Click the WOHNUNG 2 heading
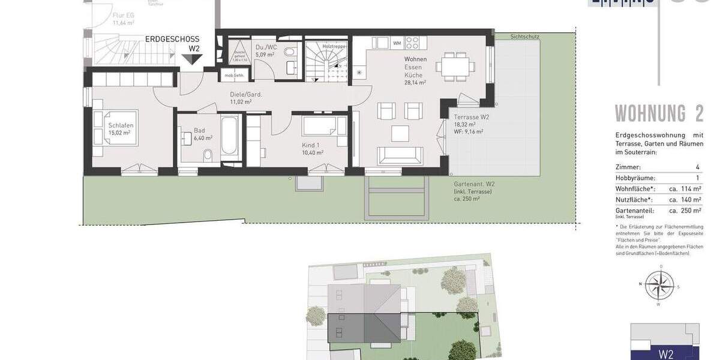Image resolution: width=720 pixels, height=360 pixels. (659, 113)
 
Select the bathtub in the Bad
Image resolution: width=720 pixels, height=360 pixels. (230, 137)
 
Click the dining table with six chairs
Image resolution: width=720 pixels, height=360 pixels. (454, 66)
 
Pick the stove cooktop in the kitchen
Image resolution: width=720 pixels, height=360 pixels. (412, 43)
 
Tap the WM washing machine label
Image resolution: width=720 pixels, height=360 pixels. (397, 43)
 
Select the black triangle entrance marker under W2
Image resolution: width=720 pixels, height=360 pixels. (193, 59)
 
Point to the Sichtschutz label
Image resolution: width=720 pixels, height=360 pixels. (524, 37)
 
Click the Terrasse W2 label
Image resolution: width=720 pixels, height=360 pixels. (472, 117)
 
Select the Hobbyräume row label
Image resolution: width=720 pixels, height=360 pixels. (635, 178)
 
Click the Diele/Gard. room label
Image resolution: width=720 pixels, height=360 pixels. (246, 94)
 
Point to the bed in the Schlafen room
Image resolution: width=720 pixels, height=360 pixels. (118, 128)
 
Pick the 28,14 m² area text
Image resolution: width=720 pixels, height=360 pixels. (415, 83)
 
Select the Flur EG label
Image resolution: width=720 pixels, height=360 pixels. (123, 16)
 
